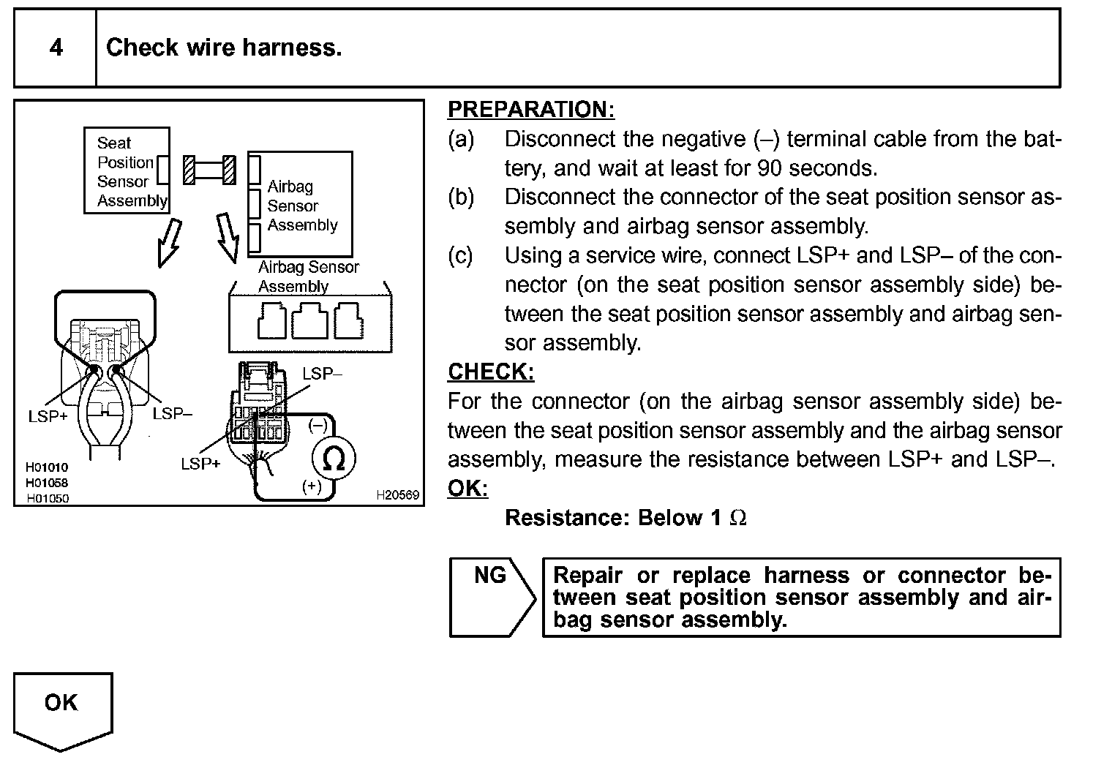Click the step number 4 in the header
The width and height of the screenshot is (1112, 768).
point(56,48)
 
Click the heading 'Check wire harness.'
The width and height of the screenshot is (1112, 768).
point(224,48)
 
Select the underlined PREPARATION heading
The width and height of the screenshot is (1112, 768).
point(530,110)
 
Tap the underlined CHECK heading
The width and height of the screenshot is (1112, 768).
point(490,372)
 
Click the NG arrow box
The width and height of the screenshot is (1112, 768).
point(491,597)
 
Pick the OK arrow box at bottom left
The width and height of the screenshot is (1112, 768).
point(62,708)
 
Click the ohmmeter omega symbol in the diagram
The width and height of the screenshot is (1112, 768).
point(334,460)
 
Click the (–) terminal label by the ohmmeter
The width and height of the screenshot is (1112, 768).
point(318,425)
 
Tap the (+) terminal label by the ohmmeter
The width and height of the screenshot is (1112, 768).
point(312,486)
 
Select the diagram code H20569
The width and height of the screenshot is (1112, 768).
point(398,495)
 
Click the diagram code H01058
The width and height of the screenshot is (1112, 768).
point(47,482)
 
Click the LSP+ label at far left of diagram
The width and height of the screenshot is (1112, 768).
point(48,416)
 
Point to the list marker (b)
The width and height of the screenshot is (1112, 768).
point(461,197)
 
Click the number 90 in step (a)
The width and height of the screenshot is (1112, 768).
point(770,168)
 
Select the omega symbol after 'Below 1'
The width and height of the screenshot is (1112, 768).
point(739,518)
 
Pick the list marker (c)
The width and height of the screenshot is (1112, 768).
point(461,255)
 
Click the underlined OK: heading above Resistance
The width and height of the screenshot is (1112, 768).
point(467,488)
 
